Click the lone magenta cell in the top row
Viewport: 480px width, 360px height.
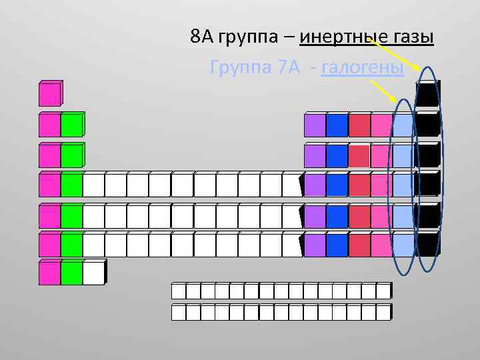point(50,94)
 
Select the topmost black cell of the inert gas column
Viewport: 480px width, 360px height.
point(427,95)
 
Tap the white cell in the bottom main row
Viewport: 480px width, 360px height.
point(93,273)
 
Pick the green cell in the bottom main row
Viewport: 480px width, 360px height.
point(71,273)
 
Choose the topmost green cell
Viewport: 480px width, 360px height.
point(71,125)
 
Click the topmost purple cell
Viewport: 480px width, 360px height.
point(315,125)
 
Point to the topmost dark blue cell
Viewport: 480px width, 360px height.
point(337,125)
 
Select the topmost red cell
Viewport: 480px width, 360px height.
point(359,125)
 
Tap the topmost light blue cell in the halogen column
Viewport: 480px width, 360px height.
point(403,125)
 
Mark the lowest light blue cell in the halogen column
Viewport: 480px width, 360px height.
point(403,245)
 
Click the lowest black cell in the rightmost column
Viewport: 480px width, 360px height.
point(427,244)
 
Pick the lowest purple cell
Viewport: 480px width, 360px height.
point(315,245)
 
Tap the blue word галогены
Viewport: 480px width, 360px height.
point(363,68)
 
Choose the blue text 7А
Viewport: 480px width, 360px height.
point(289,68)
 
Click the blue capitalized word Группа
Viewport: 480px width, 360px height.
point(238,68)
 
